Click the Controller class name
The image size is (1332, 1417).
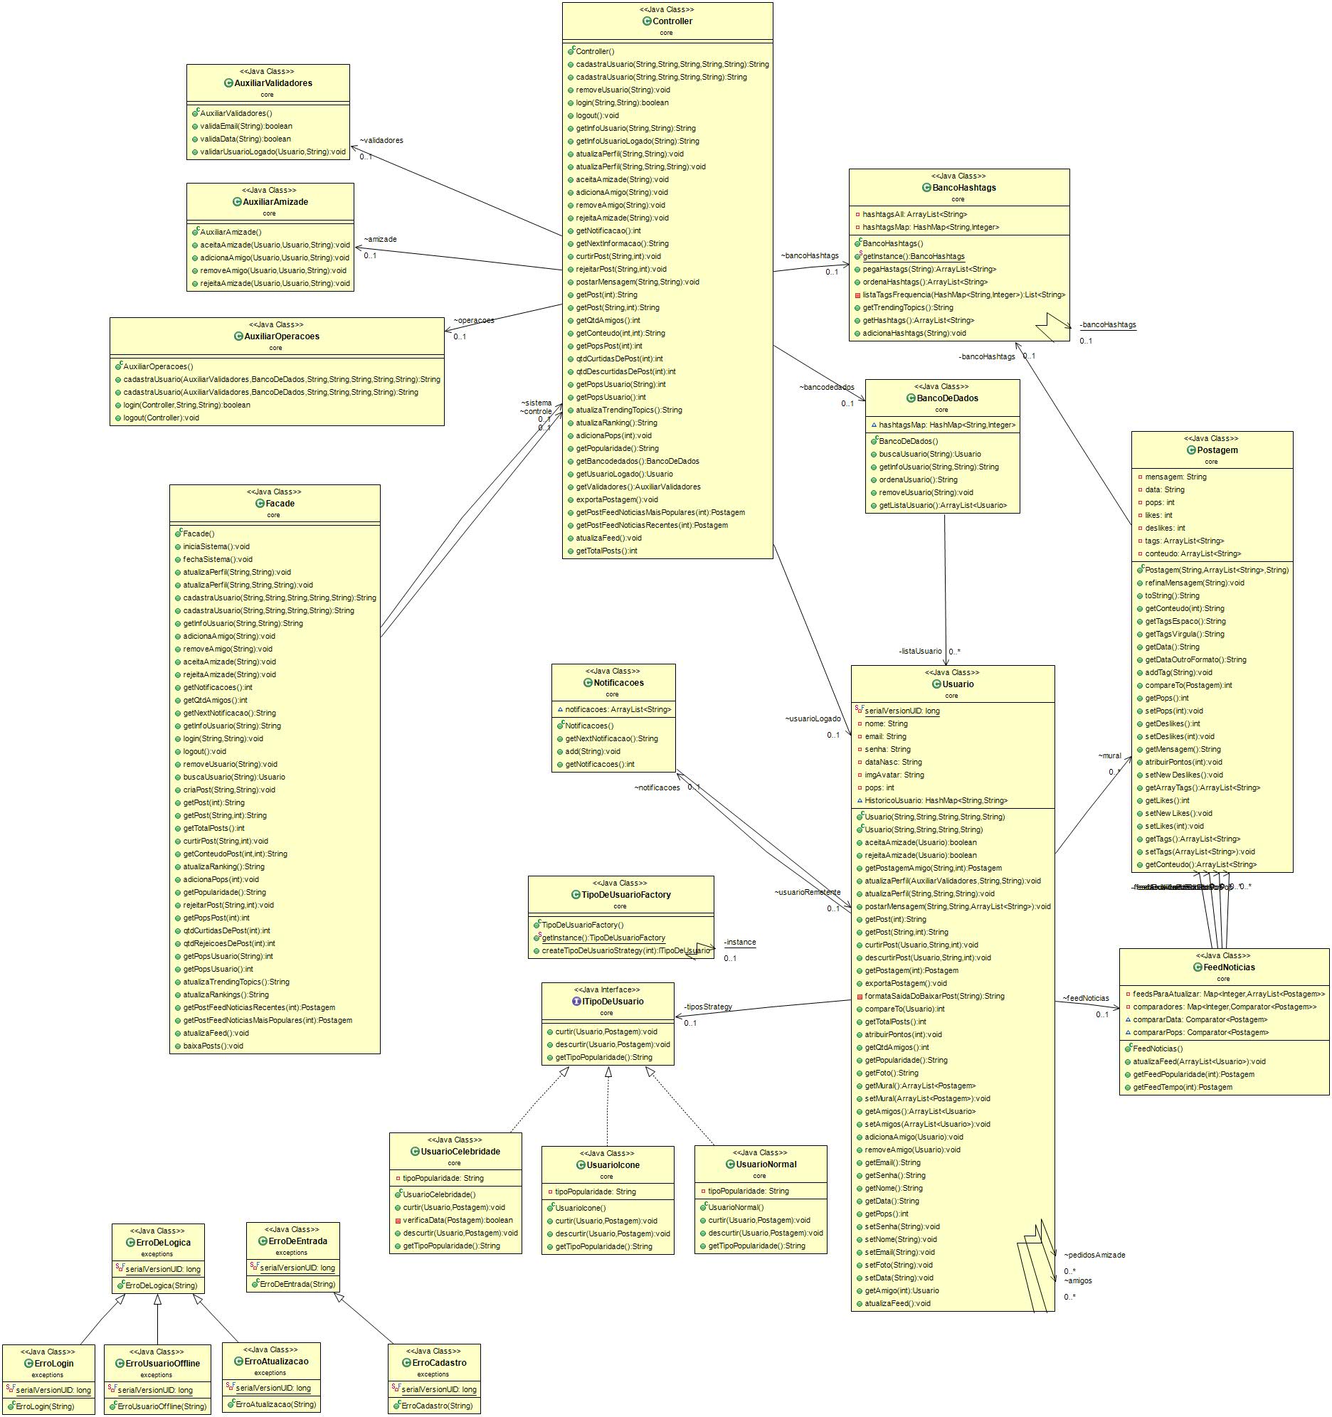click(x=672, y=21)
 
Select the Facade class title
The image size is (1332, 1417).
click(x=280, y=503)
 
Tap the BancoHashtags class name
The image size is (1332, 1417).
click(x=963, y=188)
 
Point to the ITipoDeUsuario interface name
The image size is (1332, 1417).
click(x=613, y=1002)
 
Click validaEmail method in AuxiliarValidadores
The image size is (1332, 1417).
click(x=246, y=126)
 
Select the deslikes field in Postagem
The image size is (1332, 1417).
click(x=1164, y=528)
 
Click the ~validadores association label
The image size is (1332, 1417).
click(x=381, y=140)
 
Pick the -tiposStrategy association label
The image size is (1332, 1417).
click(x=708, y=1007)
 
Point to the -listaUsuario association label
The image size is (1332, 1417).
click(x=920, y=651)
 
